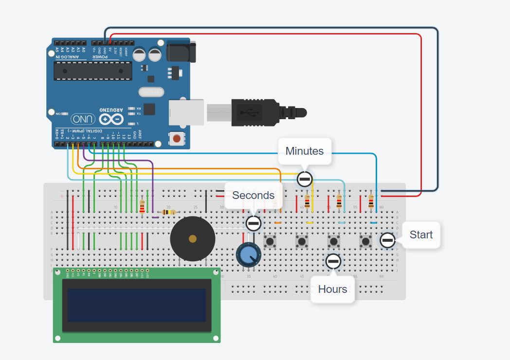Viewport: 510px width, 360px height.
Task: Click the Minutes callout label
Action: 304,151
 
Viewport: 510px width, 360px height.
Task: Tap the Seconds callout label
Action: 253,196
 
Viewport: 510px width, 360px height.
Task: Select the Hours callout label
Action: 332,289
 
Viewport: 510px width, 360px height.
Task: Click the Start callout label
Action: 421,235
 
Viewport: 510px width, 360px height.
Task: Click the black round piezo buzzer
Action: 193,238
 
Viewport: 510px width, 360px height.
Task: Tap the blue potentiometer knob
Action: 249,254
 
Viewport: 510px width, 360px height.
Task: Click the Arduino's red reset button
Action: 176,139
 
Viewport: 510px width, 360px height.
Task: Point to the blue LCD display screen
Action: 136,305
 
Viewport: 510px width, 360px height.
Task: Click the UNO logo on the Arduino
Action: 83,119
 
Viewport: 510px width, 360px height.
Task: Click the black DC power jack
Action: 181,53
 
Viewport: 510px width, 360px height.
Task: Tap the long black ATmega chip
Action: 92,71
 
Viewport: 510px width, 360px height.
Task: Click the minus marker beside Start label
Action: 387,240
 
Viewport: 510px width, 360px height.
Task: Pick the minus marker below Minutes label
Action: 304,179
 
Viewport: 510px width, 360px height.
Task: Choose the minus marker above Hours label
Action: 333,261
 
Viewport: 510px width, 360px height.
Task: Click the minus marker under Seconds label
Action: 253,223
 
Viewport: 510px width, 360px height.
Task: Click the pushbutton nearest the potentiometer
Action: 270,240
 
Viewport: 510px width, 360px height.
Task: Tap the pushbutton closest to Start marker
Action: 365,240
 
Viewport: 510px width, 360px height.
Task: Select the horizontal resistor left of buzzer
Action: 168,212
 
